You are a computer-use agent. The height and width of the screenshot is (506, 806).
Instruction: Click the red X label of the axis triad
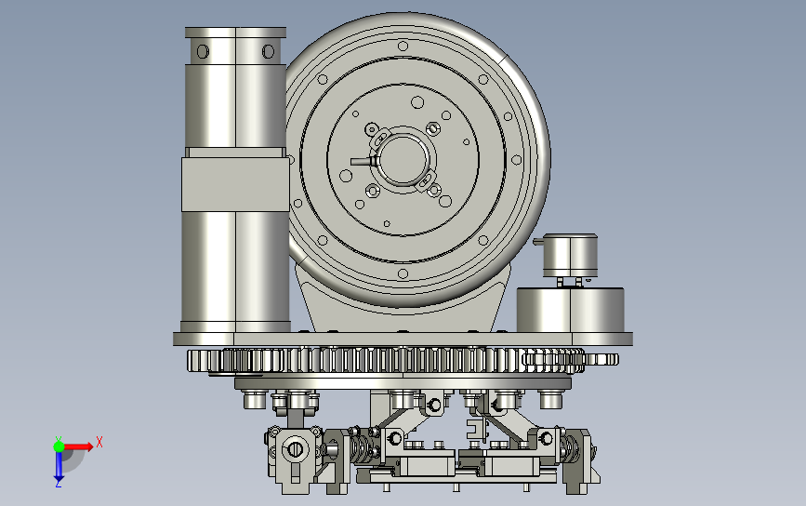pyautogui.click(x=99, y=442)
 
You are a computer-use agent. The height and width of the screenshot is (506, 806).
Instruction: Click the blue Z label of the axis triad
pyautogui.click(x=58, y=483)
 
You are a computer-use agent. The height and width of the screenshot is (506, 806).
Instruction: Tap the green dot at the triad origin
pyautogui.click(x=59, y=446)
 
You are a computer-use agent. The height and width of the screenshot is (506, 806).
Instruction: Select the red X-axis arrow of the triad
pyautogui.click(x=78, y=446)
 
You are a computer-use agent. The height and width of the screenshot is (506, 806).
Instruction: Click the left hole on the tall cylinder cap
pyautogui.click(x=203, y=51)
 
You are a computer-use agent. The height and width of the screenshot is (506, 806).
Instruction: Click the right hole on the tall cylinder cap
pyautogui.click(x=268, y=51)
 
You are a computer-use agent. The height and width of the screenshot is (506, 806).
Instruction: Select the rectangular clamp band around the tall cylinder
pyautogui.click(x=235, y=184)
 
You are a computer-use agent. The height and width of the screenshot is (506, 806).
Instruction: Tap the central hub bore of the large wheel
pyautogui.click(x=403, y=159)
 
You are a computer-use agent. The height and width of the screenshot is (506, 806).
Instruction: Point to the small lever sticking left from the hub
pyautogui.click(x=363, y=162)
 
